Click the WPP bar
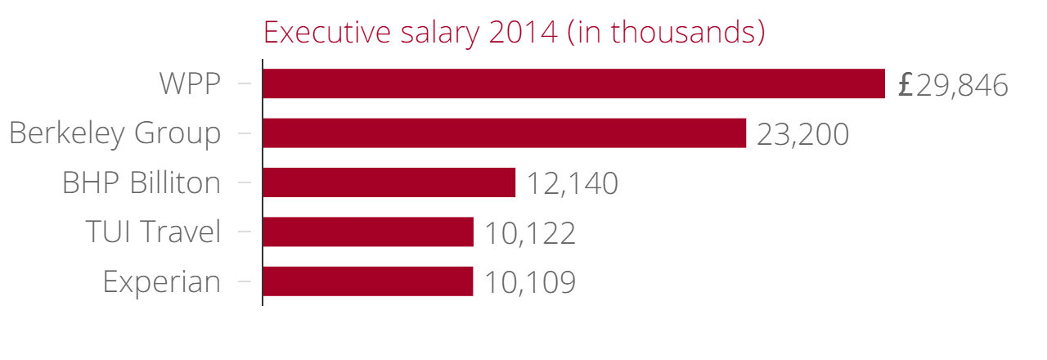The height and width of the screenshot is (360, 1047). point(573,83)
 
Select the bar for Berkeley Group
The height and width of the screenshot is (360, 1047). point(504,133)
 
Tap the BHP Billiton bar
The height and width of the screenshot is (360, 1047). point(389,182)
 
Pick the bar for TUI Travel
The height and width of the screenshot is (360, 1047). point(368,232)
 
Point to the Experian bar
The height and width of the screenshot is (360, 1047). point(367,281)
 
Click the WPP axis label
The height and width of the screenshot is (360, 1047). point(190,84)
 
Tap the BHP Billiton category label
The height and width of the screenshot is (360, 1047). point(142,183)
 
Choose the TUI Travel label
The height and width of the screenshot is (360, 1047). point(153,232)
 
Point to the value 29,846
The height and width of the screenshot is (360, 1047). point(962,85)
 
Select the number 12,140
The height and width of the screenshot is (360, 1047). point(572,184)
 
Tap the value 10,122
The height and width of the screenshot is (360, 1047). point(530,233)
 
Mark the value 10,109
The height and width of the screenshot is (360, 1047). point(530,283)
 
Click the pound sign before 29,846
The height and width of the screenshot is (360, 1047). point(905,85)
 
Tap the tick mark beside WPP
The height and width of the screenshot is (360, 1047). point(244,83)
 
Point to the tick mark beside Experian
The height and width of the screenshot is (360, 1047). point(244,281)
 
